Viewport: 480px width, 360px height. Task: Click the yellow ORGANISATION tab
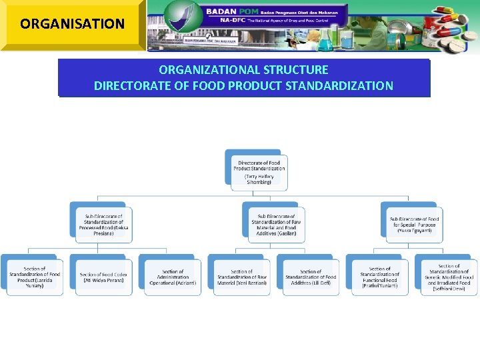coord(72,24)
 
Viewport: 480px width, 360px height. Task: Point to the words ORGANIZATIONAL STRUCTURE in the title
coord(243,69)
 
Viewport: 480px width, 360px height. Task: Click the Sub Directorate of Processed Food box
coord(103,224)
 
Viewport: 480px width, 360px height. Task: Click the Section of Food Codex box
coord(103,277)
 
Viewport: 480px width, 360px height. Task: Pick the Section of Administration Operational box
coord(173,277)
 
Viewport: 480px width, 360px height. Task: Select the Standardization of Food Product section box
coord(34,277)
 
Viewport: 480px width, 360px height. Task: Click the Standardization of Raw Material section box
coord(241,277)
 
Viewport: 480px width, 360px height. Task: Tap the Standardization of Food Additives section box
coord(311,277)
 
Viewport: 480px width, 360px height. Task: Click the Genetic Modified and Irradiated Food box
coord(449,277)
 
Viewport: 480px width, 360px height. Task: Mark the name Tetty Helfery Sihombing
coord(259,179)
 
